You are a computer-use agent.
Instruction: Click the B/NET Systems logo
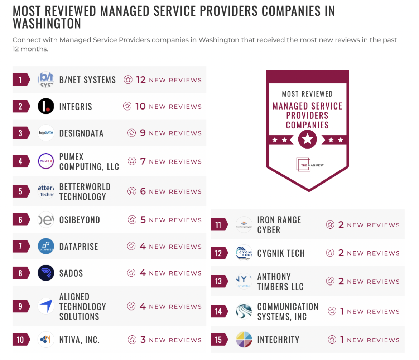click(x=46, y=79)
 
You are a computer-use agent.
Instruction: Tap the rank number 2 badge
click(x=20, y=106)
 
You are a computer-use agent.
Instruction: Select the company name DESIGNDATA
click(x=81, y=133)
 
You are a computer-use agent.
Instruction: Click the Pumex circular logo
click(x=46, y=161)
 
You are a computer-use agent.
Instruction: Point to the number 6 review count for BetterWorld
click(x=143, y=191)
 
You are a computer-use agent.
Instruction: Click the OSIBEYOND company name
click(x=80, y=220)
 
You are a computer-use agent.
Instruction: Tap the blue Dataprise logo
click(x=46, y=246)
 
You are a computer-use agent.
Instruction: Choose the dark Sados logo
click(x=46, y=273)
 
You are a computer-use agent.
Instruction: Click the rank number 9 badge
click(x=20, y=306)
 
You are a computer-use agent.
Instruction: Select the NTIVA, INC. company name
click(x=80, y=340)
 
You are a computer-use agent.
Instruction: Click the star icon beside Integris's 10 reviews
click(x=127, y=106)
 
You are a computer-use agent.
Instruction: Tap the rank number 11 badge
click(x=218, y=225)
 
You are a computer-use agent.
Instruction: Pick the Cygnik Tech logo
click(x=244, y=253)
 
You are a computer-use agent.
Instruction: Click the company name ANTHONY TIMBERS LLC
click(x=280, y=282)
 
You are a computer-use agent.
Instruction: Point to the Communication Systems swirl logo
click(x=244, y=311)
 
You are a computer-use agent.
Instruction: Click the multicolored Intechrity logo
click(x=244, y=340)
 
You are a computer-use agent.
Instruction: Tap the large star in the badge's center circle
click(x=307, y=139)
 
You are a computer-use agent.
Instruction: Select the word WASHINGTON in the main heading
click(x=47, y=24)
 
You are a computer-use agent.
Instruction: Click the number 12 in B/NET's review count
click(x=141, y=79)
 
